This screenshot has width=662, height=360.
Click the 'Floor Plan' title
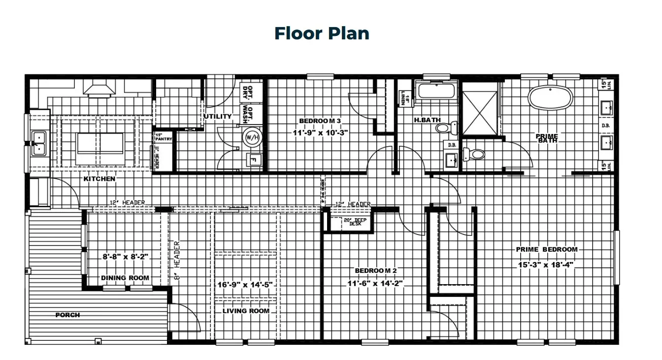[x=322, y=33]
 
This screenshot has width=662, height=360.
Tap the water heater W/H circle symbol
[x=252, y=137]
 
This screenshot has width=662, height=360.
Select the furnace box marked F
[x=254, y=160]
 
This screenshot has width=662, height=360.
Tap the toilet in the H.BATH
[x=443, y=128]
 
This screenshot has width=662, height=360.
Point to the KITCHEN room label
[x=99, y=179]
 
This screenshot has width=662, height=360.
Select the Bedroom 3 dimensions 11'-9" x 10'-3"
[x=320, y=132]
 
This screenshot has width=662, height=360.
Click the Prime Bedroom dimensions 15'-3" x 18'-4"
[x=546, y=264]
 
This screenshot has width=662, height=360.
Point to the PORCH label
[x=67, y=315]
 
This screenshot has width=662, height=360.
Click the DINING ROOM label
[x=125, y=278]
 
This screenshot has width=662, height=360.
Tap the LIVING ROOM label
[x=246, y=311]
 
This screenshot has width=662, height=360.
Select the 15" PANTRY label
[x=163, y=137]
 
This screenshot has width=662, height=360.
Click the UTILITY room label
[x=218, y=116]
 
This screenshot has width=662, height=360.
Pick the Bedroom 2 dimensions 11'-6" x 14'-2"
[x=376, y=283]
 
